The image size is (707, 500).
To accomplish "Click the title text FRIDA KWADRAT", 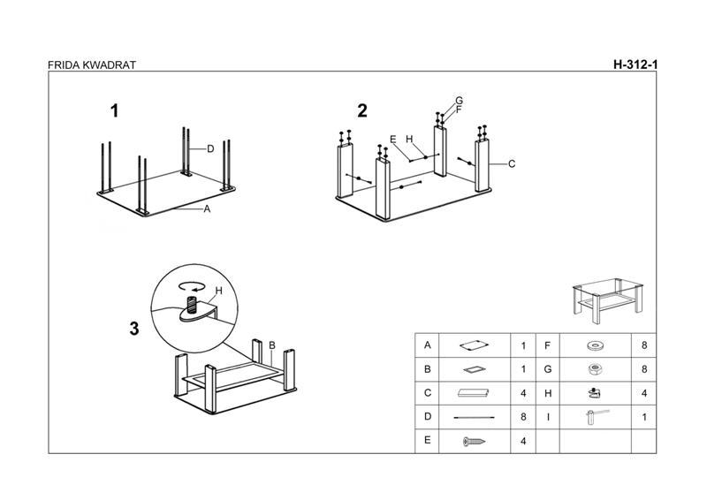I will (92, 64).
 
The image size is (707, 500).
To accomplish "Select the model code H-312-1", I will (636, 64).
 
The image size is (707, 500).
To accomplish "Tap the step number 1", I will (114, 111).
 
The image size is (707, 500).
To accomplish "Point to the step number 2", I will (362, 111).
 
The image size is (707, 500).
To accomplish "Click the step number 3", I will (134, 329).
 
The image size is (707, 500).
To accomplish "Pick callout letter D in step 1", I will (211, 149).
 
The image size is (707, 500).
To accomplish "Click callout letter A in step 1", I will (207, 209).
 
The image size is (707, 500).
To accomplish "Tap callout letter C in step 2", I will (512, 164).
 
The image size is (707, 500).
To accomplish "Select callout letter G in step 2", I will (460, 100).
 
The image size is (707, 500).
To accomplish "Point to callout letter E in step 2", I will (393, 140).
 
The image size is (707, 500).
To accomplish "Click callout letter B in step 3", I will (272, 345).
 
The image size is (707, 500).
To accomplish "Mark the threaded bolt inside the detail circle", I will (190, 308).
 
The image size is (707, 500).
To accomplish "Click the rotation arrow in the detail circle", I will (191, 286).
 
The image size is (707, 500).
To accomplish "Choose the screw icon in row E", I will (475, 441).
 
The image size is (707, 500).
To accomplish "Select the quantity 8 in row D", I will (523, 417).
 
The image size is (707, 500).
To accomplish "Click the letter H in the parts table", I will (548, 393).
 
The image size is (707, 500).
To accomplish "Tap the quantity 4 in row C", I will (523, 393).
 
